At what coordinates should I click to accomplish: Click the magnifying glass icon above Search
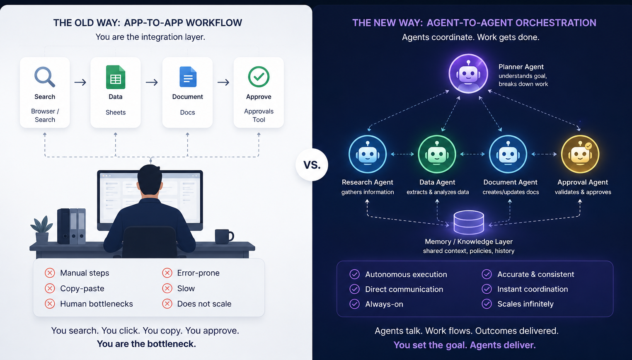[45, 77]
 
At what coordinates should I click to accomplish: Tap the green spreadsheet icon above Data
[115, 77]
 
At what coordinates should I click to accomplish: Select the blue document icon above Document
[188, 77]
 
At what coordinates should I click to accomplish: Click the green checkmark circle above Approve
[259, 77]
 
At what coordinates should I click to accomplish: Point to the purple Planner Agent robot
[468, 74]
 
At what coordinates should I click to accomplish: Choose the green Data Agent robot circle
[437, 154]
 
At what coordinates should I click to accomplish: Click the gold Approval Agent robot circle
[580, 154]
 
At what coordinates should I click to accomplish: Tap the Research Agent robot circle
[368, 154]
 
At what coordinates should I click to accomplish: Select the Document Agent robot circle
[508, 154]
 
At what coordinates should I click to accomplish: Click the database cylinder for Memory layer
[469, 222]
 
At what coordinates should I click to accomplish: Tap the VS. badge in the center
[312, 165]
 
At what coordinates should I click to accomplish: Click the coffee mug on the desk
[224, 237]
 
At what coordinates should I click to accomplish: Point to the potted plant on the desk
[42, 230]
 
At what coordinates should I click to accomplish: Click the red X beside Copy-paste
[50, 288]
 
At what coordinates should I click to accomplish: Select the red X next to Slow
[167, 288]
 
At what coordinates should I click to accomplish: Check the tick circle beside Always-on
[354, 304]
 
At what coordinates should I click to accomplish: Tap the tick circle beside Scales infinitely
[487, 304]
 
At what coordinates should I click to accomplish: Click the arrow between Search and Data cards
[80, 82]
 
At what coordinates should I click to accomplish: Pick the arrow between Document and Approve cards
[223, 82]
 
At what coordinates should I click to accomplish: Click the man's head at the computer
[150, 181]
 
